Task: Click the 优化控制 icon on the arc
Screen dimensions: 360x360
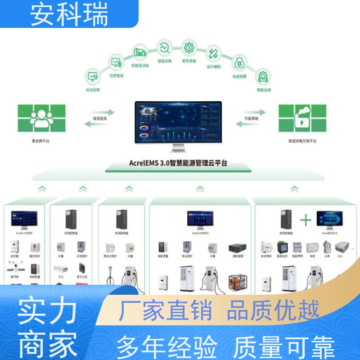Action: pos(94,77)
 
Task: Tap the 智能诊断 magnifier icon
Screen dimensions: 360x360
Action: pos(164,47)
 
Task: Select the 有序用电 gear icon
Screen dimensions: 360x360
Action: pos(189,47)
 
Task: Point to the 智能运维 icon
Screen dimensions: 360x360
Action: pos(263,77)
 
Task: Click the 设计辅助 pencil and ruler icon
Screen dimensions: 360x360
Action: pos(213,53)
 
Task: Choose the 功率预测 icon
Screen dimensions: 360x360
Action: pos(117,62)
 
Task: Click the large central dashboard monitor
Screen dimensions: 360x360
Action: pos(179,122)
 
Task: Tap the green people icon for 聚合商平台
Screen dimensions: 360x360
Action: pos(41,118)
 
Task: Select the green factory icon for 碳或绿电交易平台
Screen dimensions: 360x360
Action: pos(302,118)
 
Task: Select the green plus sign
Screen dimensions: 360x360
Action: pos(306,220)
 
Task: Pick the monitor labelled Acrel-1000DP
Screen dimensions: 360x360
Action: pos(24,220)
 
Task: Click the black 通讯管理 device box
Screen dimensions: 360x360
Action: pos(237,248)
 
